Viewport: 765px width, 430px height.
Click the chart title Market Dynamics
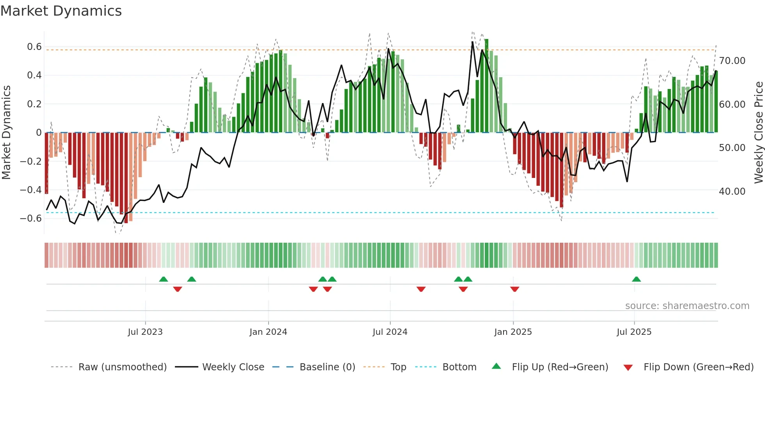[61, 11]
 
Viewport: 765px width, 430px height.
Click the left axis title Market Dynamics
[6, 132]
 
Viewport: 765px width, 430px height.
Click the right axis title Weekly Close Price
[758, 132]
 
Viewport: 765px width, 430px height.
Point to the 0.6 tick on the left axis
[34, 47]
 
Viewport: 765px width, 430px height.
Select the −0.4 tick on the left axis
[31, 190]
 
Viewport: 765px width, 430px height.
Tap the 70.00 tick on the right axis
[732, 61]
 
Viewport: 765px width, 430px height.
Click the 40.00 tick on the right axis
[732, 192]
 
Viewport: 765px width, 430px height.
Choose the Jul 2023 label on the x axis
[145, 332]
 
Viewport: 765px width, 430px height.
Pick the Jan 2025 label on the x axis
[513, 332]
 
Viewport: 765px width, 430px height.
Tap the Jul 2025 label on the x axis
[634, 332]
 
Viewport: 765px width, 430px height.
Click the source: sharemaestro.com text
[687, 306]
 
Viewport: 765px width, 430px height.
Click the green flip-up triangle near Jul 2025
[636, 279]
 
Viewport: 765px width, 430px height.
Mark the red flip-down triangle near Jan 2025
[514, 289]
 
